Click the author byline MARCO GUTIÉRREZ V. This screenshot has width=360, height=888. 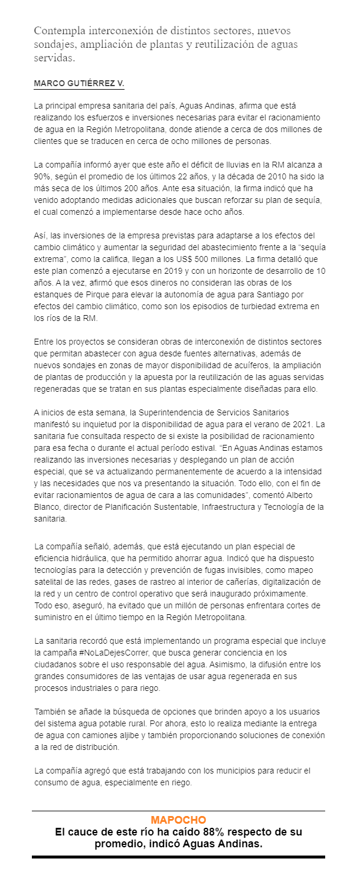coord(79,84)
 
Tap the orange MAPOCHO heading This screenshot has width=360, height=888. coord(178,820)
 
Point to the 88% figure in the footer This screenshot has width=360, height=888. coord(205,832)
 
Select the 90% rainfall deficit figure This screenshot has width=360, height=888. coord(43,176)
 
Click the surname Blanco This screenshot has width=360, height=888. coord(48,508)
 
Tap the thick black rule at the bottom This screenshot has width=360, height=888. coord(178,856)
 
